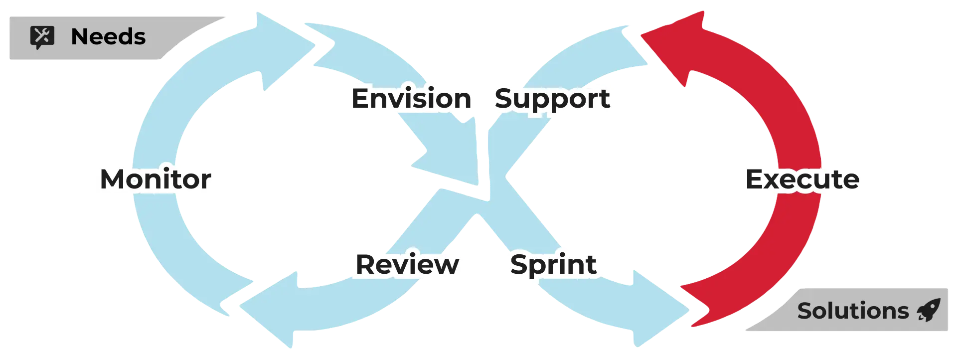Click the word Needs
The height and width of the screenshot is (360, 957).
tap(108, 37)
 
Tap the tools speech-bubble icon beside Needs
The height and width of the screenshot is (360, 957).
tap(42, 37)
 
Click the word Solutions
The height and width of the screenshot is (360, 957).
tap(853, 311)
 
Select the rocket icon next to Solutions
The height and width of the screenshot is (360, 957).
tap(929, 310)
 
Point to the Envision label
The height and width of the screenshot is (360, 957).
tap(412, 99)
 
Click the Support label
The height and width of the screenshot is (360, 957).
tap(552, 99)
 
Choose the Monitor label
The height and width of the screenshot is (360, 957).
tap(156, 180)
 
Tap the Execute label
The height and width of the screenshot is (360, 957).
tap(802, 180)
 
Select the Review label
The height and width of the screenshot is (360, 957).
tap(407, 264)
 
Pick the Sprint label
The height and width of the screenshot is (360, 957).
tap(553, 264)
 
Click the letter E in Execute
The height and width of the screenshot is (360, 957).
tap(756, 180)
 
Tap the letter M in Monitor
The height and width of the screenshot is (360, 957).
tap(114, 180)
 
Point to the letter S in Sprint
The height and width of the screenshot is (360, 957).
tap(520, 264)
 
